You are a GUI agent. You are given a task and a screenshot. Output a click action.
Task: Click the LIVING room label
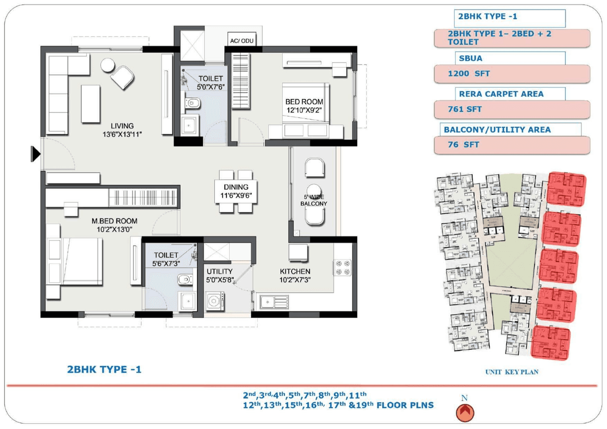point(122,126)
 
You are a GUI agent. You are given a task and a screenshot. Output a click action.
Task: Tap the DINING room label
point(236,187)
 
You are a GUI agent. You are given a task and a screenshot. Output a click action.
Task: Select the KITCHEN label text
point(294,271)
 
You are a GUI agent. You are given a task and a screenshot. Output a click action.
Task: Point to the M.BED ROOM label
point(114,221)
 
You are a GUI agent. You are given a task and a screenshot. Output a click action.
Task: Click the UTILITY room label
point(220,271)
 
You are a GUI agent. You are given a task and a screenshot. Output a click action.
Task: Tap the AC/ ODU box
point(242,41)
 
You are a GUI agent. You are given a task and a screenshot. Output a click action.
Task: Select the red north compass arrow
point(465,412)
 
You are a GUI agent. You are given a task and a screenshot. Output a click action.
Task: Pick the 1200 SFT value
point(469,74)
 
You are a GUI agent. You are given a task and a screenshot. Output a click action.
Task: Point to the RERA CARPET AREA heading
point(501,94)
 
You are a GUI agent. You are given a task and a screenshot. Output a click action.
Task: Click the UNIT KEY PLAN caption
point(511,372)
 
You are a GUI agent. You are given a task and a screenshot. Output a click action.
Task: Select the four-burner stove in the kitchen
point(344,267)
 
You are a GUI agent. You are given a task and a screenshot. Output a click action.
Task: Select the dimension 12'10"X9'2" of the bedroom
point(304,110)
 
